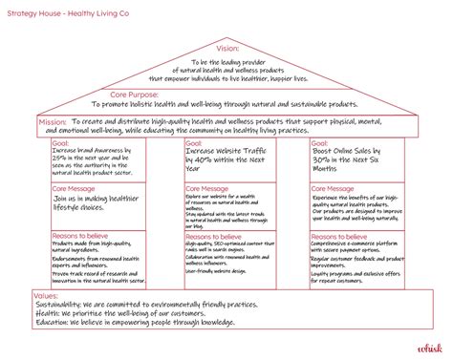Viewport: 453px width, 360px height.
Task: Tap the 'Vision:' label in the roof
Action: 227,48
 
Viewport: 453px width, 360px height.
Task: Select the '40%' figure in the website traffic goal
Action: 199,160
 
